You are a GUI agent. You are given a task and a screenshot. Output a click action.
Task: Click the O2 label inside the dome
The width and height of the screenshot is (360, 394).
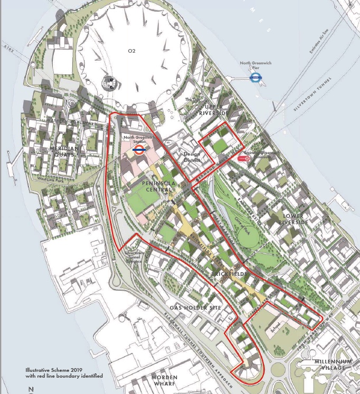(132, 51)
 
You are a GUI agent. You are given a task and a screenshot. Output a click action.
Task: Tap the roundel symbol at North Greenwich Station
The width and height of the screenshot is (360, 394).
(139, 150)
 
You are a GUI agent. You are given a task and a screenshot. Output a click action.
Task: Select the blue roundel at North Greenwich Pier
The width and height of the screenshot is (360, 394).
(255, 78)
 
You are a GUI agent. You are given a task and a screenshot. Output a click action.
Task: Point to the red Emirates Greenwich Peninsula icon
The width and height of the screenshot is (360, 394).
(244, 158)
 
